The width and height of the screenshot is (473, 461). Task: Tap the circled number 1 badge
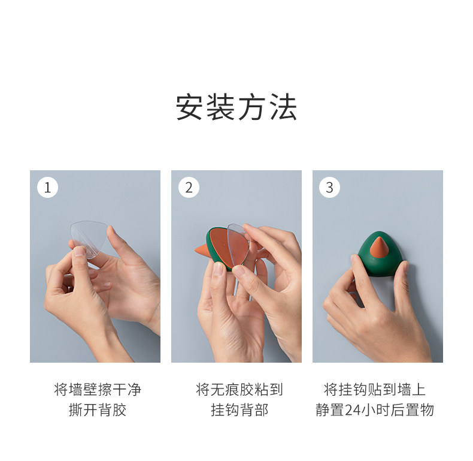[47, 188]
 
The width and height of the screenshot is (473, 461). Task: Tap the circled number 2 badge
[189, 188]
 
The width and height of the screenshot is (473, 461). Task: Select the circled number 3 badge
[329, 188]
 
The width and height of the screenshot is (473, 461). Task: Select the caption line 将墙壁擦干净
[98, 390]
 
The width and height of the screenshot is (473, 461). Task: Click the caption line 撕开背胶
[98, 410]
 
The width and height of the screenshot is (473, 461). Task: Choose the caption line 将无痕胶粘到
[239, 390]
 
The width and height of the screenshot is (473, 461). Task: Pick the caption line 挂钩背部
[239, 410]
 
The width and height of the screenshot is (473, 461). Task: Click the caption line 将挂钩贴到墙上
[375, 390]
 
